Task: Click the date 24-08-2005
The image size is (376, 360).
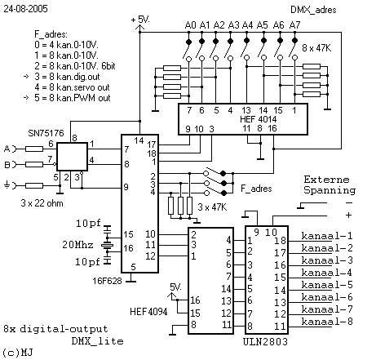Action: (25, 9)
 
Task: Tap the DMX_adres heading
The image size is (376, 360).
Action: (313, 10)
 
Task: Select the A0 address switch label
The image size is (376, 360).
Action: (190, 25)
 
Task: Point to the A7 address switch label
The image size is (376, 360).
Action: (294, 25)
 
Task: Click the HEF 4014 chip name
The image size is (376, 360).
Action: (258, 119)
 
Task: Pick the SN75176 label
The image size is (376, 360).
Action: (46, 133)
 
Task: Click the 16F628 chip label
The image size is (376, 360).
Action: (107, 281)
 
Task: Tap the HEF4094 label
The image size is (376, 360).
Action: (148, 312)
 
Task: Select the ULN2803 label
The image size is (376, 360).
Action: (265, 341)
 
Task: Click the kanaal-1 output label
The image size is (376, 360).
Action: (327, 236)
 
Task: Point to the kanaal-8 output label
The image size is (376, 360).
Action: (327, 322)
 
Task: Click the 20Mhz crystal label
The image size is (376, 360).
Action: (77, 245)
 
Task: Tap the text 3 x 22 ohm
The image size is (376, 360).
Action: (42, 203)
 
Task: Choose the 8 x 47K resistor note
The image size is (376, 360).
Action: (316, 48)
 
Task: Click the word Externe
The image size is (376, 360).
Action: (326, 180)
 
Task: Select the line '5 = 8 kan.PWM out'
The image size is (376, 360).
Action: (73, 98)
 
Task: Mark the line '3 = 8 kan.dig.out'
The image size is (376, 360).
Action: (67, 77)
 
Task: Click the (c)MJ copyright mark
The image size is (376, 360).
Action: (18, 353)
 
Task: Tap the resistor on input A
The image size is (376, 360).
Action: (34, 149)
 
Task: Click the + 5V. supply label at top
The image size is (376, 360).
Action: (140, 20)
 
